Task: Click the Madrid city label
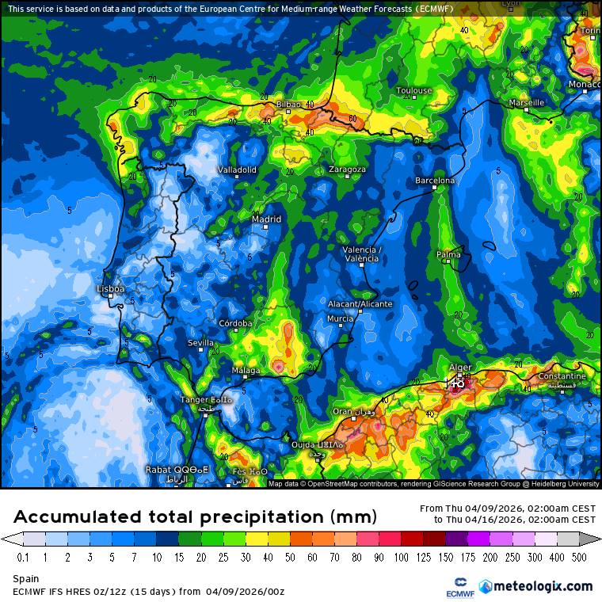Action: click(266, 219)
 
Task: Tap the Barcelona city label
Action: click(435, 181)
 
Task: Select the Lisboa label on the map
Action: click(110, 289)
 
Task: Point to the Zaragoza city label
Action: click(348, 170)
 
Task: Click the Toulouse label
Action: click(413, 90)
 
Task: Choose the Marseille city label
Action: click(527, 103)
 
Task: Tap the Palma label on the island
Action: click(448, 254)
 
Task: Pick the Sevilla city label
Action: click(200, 342)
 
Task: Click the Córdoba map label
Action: click(235, 323)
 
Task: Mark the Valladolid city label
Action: click(237, 170)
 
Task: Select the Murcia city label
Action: click(340, 318)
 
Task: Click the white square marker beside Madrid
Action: click(267, 227)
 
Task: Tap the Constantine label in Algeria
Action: click(562, 376)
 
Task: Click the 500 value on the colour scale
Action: click(580, 558)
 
